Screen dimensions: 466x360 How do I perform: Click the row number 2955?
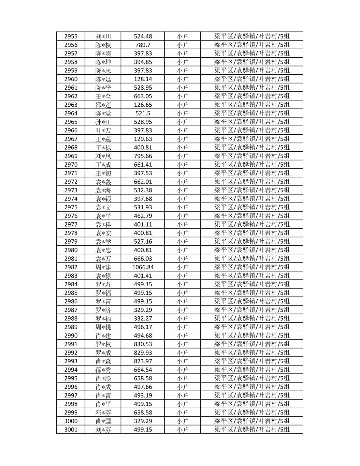pos(71,36)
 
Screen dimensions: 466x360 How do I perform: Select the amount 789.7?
pos(143,45)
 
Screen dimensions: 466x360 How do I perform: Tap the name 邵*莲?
pos(103,105)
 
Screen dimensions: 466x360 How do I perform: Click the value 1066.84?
pos(143,267)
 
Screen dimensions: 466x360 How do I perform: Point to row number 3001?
pos(71,429)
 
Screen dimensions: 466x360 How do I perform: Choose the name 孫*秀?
pos(103,370)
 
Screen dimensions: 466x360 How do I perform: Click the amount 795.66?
pos(143,156)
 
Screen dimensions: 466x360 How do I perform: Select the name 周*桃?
pos(103,327)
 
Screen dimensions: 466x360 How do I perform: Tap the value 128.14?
pos(143,79)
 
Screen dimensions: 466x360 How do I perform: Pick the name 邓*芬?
pos(103,413)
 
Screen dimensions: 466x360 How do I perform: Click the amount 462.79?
pos(143,216)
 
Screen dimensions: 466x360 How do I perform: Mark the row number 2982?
pos(71,267)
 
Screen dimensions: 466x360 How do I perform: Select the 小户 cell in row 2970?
pos(182,165)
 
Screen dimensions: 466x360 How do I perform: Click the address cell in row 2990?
pos(252,336)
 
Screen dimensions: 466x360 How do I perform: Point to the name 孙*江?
pos(103,122)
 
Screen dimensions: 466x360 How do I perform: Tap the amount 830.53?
pos(143,344)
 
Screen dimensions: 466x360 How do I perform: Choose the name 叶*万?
pos(103,130)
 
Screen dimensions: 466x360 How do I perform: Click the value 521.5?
pos(143,113)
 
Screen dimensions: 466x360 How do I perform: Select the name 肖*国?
pos(103,421)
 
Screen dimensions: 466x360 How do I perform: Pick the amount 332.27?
pos(143,318)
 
